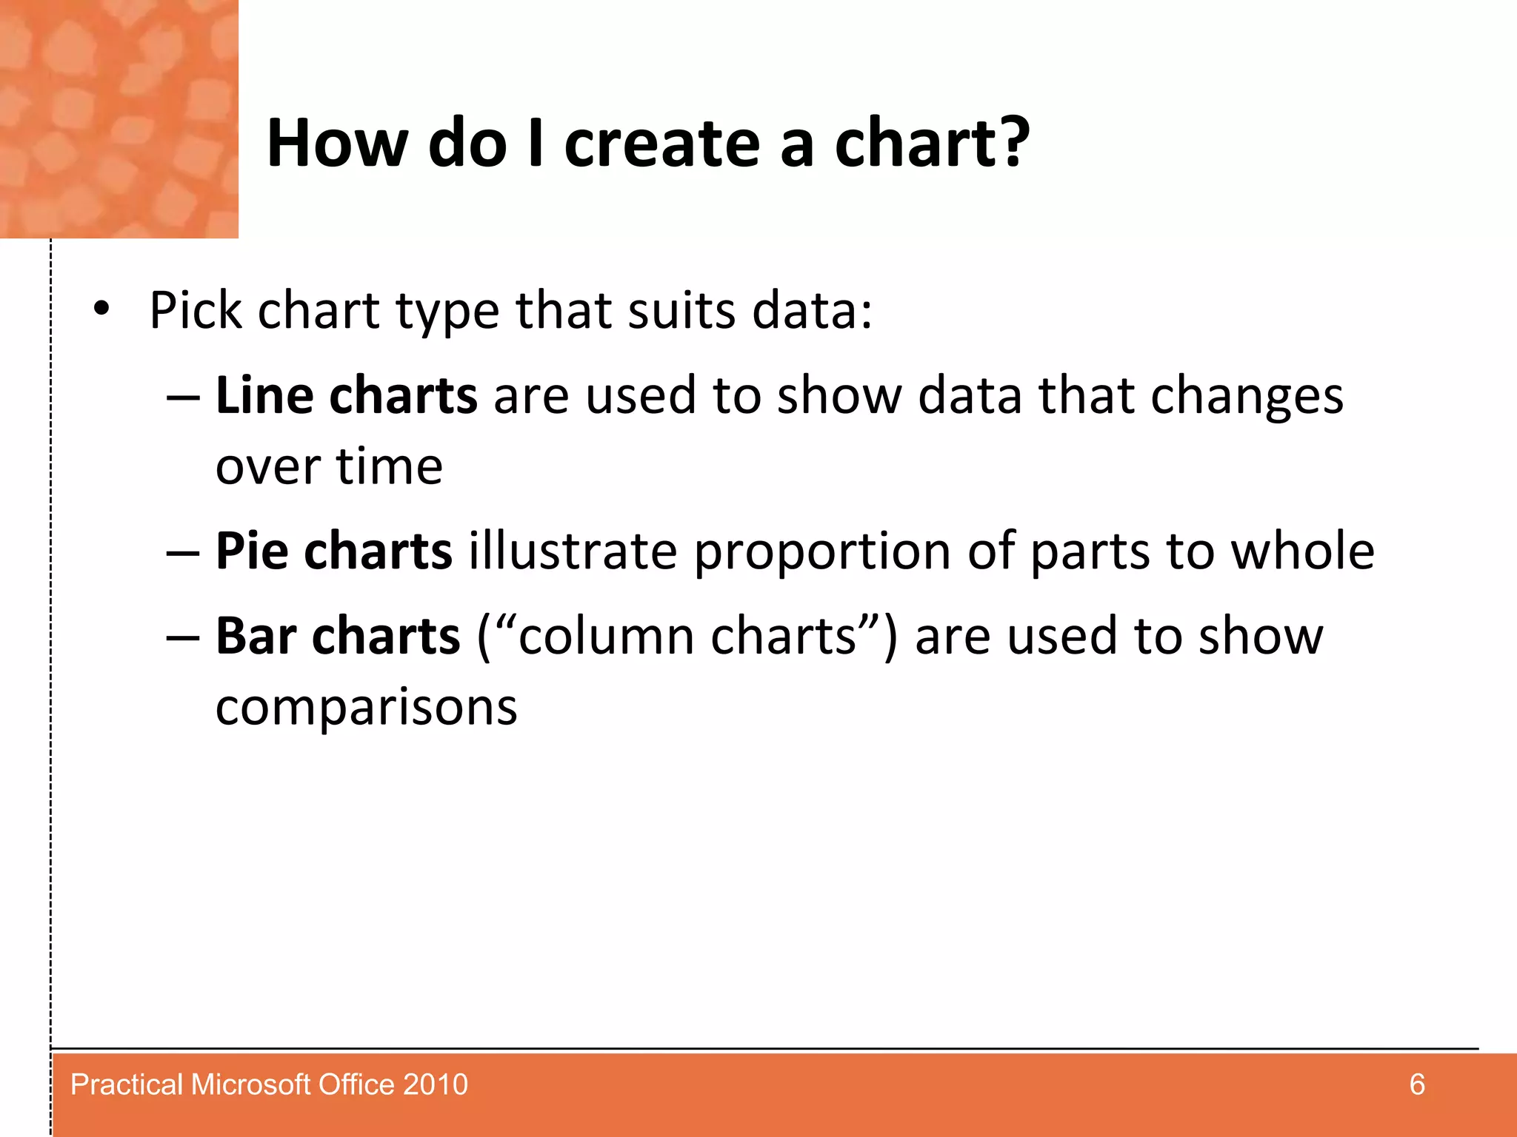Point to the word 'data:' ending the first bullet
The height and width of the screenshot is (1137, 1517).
tap(813, 310)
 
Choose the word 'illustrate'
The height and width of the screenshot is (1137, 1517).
tap(573, 551)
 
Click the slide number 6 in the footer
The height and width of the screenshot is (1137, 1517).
tap(1416, 1084)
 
